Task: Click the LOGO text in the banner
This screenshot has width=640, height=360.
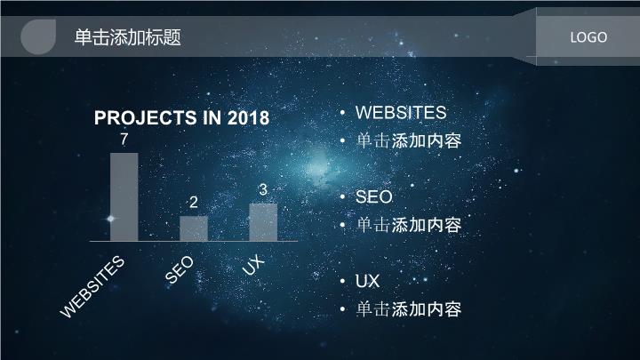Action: pyautogui.click(x=588, y=37)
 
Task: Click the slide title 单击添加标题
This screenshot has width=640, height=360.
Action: pyautogui.click(x=127, y=37)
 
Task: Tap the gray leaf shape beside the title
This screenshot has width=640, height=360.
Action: pyautogui.click(x=38, y=36)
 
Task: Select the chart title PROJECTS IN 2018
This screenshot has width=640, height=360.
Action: pyautogui.click(x=181, y=118)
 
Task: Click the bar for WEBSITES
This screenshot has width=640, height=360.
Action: pyautogui.click(x=124, y=197)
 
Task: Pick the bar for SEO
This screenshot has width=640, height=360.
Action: pyautogui.click(x=194, y=228)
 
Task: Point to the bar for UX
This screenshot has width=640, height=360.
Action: pyautogui.click(x=263, y=222)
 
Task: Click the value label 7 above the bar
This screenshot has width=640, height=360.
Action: pyautogui.click(x=124, y=140)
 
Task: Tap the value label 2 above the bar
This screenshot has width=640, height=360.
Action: pyautogui.click(x=194, y=202)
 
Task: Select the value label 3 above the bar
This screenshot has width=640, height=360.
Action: pyautogui.click(x=263, y=189)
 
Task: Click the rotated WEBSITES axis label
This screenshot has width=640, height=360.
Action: pyautogui.click(x=92, y=286)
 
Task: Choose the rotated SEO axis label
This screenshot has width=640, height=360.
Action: pyautogui.click(x=180, y=269)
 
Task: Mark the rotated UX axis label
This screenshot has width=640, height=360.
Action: pyautogui.click(x=253, y=264)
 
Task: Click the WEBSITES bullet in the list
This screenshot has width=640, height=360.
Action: pyautogui.click(x=401, y=113)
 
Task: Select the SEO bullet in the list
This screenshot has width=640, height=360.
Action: pyautogui.click(x=374, y=196)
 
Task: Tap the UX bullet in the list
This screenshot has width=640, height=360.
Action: pyautogui.click(x=367, y=281)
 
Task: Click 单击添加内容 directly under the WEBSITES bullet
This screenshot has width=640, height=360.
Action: pyautogui.click(x=409, y=140)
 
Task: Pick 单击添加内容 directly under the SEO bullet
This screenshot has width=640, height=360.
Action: pyautogui.click(x=409, y=225)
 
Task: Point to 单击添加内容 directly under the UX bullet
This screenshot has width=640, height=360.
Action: pyautogui.click(x=409, y=309)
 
